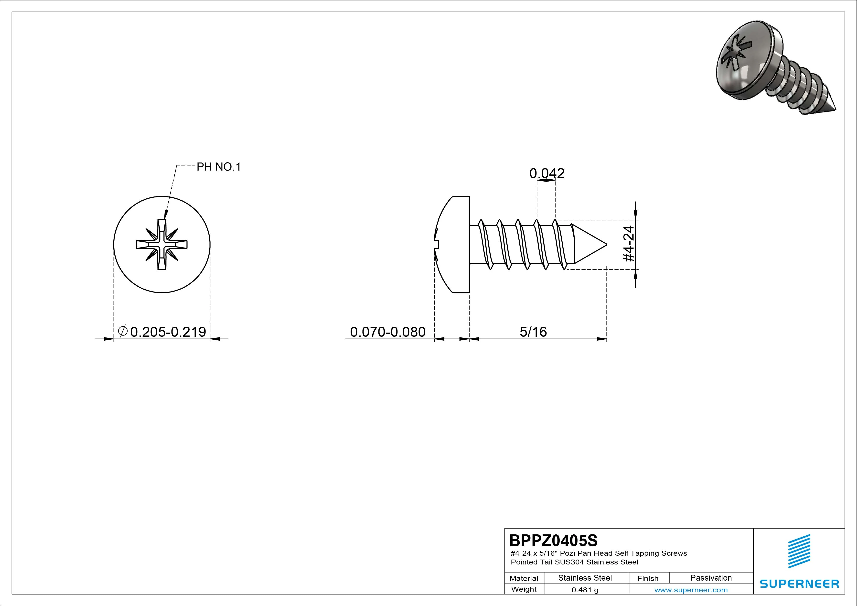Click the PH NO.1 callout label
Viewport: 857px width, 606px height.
point(219,167)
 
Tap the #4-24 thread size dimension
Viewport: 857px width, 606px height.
point(629,243)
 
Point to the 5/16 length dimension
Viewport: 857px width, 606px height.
point(533,332)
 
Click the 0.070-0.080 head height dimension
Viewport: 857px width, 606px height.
point(388,332)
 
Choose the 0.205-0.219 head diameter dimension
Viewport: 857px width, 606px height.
point(162,332)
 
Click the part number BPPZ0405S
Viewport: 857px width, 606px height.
point(553,540)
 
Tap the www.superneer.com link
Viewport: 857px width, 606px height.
point(691,590)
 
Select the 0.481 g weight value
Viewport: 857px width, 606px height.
point(585,590)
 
